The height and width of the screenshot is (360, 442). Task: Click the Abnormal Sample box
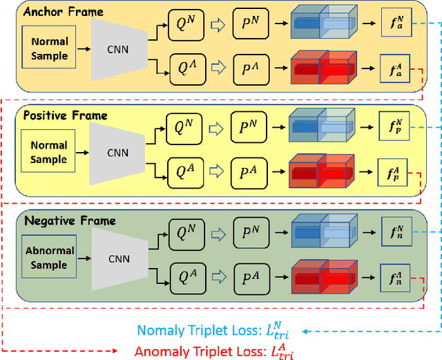(x=49, y=258)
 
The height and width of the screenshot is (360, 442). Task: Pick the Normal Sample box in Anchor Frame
(x=49, y=48)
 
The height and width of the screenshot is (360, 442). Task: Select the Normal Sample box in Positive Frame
(x=49, y=153)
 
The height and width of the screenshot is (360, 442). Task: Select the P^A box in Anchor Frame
(x=251, y=68)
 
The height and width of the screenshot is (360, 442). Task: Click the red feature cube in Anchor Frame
(x=320, y=68)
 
